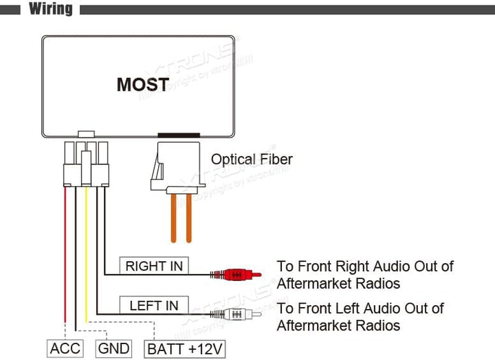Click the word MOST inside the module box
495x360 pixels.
(x=142, y=85)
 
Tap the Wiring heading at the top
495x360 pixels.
(x=50, y=9)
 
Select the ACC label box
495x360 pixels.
(x=64, y=348)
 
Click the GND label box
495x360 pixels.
(x=113, y=348)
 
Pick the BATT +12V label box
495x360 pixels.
(x=185, y=348)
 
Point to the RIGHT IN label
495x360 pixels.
(x=155, y=266)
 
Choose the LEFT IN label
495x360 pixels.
(x=154, y=306)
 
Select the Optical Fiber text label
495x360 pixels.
(x=252, y=159)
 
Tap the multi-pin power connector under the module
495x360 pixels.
(x=86, y=164)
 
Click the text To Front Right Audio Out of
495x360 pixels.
(x=365, y=266)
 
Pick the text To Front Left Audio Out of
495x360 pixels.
(x=360, y=308)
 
